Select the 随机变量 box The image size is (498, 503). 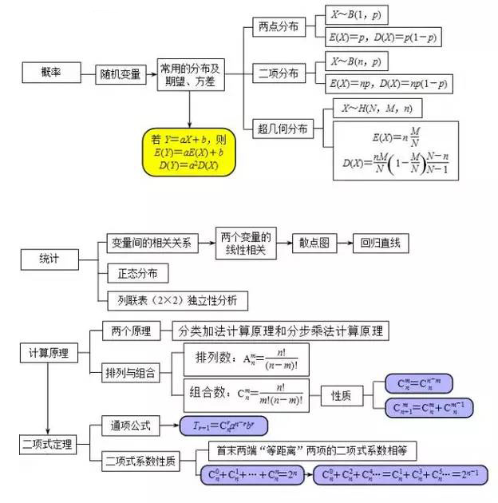coord(121,74)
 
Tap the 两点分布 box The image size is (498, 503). coord(279,26)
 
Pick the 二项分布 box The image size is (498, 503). coord(279,73)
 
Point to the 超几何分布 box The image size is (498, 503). coord(282,129)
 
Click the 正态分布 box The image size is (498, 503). coord(137,274)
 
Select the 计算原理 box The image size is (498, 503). coord(49,352)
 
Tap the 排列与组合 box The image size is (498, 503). coord(131,372)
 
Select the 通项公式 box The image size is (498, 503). coord(130,426)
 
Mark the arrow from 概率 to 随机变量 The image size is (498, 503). coord(87,73)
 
